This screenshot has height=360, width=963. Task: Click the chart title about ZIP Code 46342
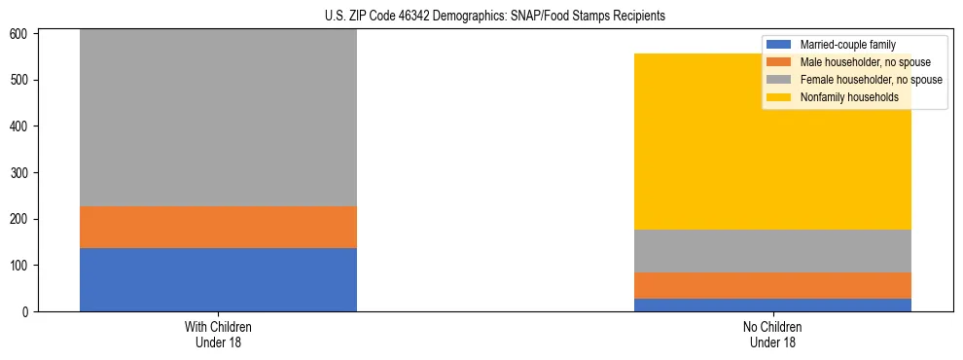click(481, 17)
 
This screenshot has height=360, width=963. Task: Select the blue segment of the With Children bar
click(218, 279)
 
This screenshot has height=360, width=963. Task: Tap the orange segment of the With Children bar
click(218, 227)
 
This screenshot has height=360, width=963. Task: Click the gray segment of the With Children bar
click(218, 118)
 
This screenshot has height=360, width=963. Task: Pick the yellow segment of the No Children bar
click(772, 141)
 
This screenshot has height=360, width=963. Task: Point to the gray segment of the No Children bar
click(772, 250)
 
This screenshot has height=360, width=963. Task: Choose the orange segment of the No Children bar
click(772, 285)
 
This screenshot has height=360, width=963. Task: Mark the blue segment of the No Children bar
click(772, 305)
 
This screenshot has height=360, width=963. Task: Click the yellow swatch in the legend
click(779, 97)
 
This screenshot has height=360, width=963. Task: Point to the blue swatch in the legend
click(779, 45)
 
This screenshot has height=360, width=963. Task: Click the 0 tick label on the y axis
click(27, 312)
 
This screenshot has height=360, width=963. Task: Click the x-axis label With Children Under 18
click(218, 334)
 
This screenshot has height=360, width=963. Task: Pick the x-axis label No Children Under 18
click(772, 334)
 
